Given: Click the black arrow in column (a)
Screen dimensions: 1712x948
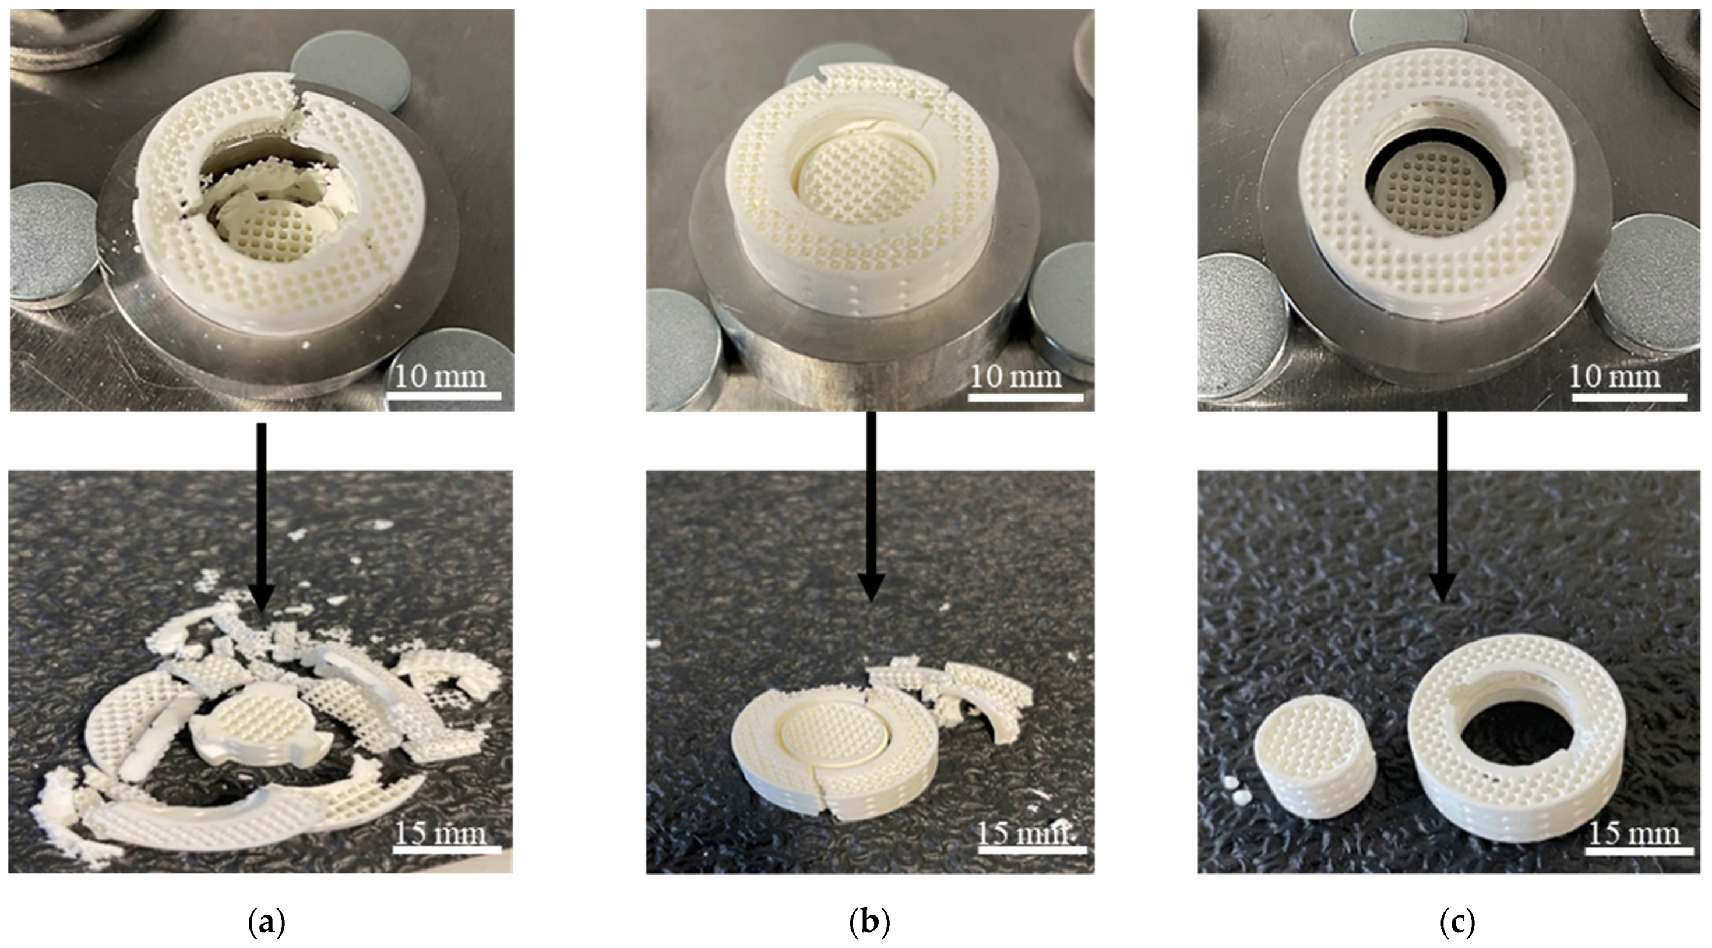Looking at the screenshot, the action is pos(261,518).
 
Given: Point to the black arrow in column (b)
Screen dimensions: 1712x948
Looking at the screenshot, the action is pos(871,506).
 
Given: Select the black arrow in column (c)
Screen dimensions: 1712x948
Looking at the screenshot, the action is pos(1442,506).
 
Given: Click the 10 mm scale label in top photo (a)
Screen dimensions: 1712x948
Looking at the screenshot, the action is pos(441,377).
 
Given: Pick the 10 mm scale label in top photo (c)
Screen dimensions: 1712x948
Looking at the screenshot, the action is pos(1615,377).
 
